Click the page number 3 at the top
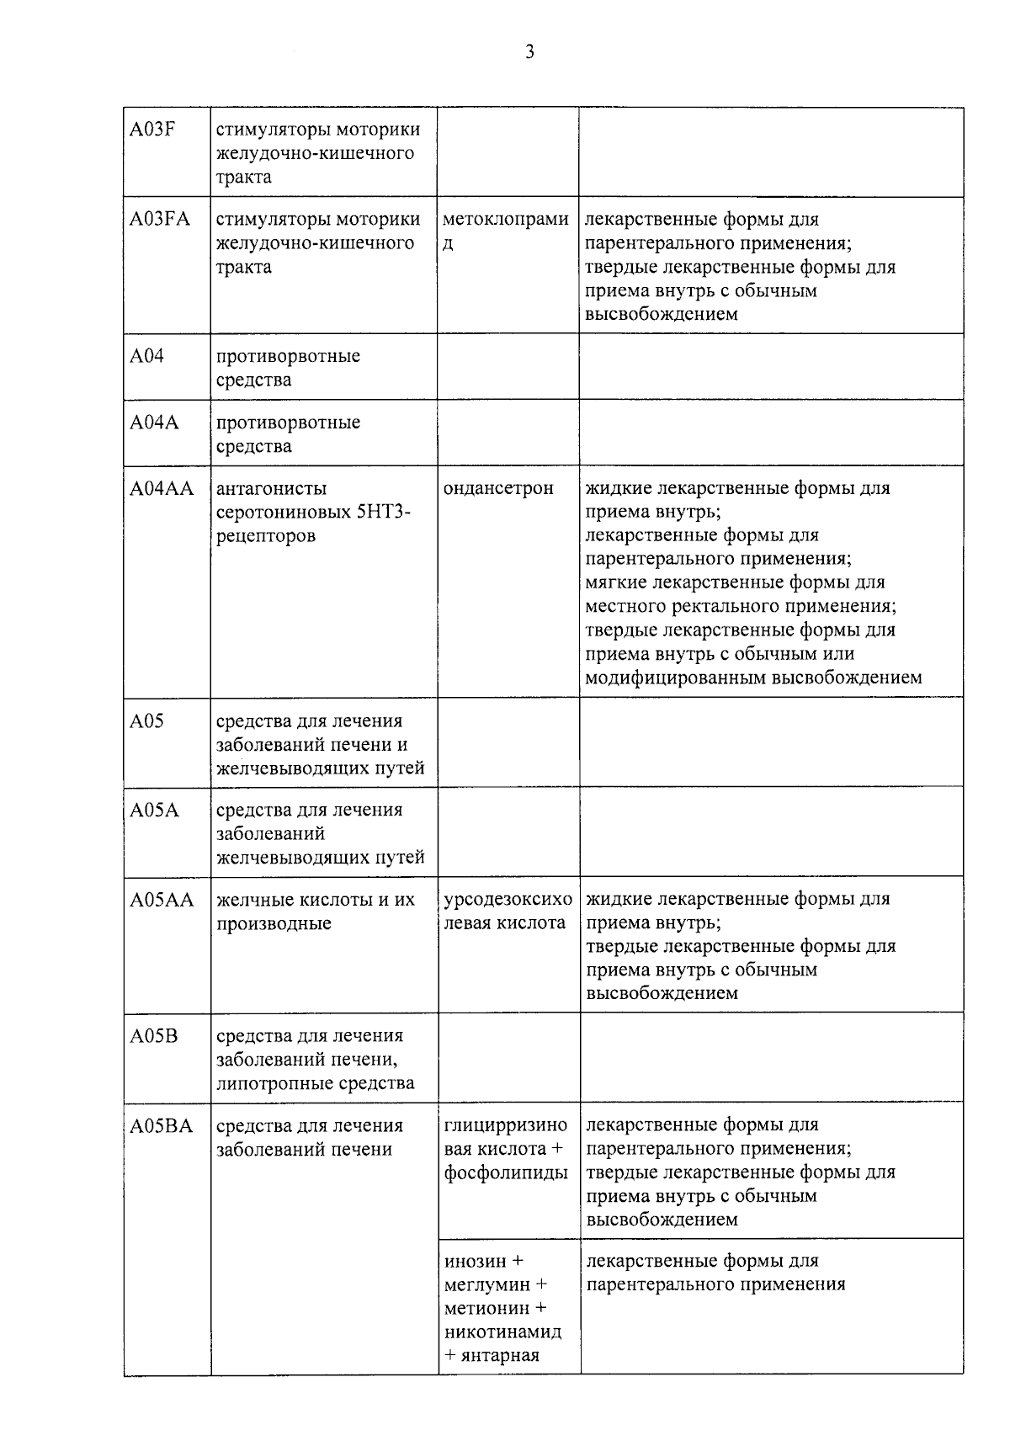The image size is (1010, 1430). point(529,52)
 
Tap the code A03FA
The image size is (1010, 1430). point(159,220)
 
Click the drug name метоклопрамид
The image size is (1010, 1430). point(505,231)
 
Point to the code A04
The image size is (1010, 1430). point(146,356)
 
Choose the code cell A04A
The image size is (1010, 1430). point(154,423)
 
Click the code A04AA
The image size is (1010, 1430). point(162,489)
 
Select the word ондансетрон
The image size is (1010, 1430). point(498,489)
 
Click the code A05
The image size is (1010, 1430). point(146,721)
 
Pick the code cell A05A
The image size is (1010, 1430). point(154,811)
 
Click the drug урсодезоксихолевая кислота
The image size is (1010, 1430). point(508,912)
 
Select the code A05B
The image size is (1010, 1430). point(153,1036)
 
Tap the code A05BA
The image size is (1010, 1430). point(161,1126)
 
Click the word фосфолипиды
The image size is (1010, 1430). point(506,1173)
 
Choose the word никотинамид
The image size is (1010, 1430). point(502,1332)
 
